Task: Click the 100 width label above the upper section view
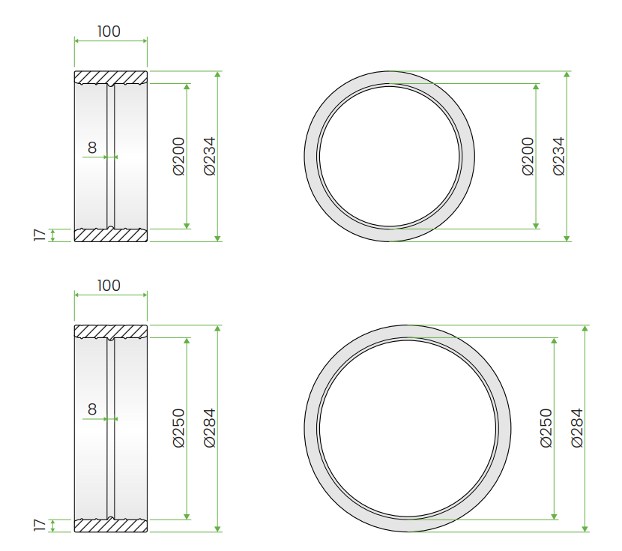click(x=109, y=31)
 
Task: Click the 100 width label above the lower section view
click(x=109, y=286)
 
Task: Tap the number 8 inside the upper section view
click(x=92, y=148)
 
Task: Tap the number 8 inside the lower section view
click(x=92, y=409)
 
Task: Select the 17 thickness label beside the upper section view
click(x=40, y=235)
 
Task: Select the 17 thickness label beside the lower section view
click(x=40, y=526)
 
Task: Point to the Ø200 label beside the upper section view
click(x=179, y=156)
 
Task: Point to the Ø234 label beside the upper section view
click(x=209, y=156)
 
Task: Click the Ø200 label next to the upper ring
click(x=528, y=156)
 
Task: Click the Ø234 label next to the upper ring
click(x=559, y=156)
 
